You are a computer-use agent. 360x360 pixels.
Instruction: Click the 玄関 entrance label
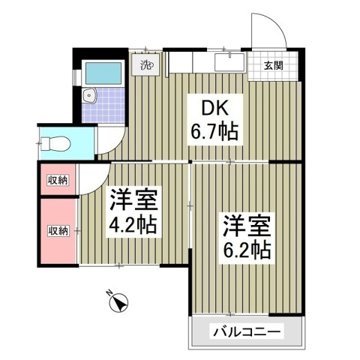click(x=273, y=64)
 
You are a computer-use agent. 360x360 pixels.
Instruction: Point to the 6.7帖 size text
click(x=214, y=133)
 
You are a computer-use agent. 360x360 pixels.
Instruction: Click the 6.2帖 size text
click(x=245, y=247)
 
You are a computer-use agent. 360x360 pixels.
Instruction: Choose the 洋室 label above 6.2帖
click(x=245, y=223)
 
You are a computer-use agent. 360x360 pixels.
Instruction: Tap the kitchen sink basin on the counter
click(x=226, y=60)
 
